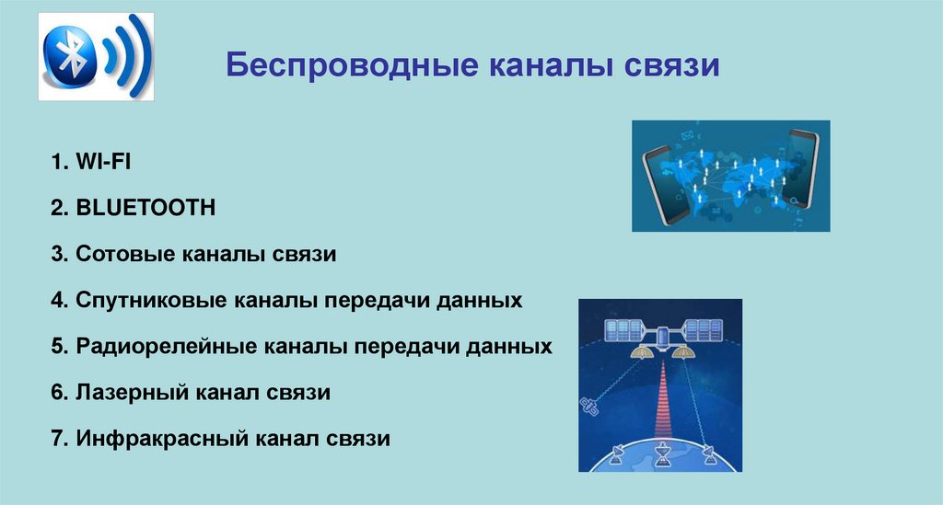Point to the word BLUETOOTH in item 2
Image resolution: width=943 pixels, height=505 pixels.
click(x=146, y=208)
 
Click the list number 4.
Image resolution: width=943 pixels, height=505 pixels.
click(x=57, y=300)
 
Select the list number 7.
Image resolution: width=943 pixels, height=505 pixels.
click(x=57, y=440)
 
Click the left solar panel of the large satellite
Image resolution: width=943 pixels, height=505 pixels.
click(x=623, y=330)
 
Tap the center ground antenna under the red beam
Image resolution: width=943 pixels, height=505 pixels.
click(x=660, y=452)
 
